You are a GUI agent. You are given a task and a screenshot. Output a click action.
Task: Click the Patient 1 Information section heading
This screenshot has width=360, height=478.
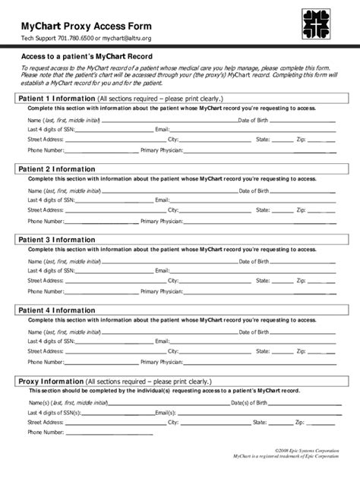57,99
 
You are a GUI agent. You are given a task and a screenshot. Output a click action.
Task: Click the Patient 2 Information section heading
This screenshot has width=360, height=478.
57,169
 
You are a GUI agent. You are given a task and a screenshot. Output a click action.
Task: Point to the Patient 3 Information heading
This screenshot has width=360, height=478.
57,240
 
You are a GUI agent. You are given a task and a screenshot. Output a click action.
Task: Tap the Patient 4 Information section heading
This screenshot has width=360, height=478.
57,310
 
